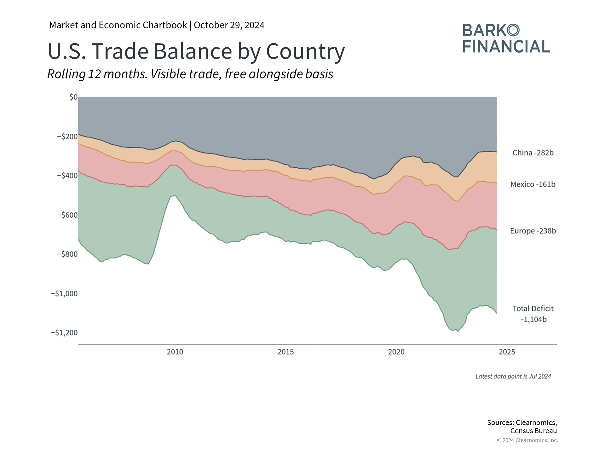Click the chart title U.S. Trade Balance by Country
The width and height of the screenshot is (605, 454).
pyautogui.click(x=196, y=51)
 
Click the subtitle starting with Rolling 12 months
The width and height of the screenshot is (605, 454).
pyautogui.click(x=190, y=74)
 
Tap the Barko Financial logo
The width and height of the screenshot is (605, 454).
pyautogui.click(x=506, y=38)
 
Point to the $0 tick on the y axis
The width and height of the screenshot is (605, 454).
pyautogui.click(x=73, y=97)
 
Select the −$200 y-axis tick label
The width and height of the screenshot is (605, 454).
pyautogui.click(x=67, y=137)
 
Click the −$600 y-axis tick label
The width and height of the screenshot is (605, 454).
pyautogui.click(x=67, y=215)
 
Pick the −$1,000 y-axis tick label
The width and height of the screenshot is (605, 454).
pyautogui.click(x=64, y=294)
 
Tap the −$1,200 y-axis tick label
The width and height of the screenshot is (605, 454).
pyautogui.click(x=64, y=333)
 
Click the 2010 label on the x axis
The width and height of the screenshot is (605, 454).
pyautogui.click(x=175, y=352)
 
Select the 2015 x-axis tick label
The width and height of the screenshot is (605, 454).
pyautogui.click(x=285, y=352)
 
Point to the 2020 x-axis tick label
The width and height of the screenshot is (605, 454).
pyautogui.click(x=396, y=352)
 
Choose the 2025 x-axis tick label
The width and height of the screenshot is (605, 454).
pyautogui.click(x=507, y=352)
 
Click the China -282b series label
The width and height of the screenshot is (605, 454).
pyautogui.click(x=533, y=153)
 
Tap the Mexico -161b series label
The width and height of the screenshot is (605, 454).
pyautogui.click(x=533, y=184)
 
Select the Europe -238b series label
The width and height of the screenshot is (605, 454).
pyautogui.click(x=533, y=231)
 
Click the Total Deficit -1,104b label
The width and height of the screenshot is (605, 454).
pyautogui.click(x=533, y=314)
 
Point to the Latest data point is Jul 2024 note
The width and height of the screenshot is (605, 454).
pyautogui.click(x=513, y=376)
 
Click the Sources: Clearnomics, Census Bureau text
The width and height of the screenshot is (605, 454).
pyautogui.click(x=522, y=427)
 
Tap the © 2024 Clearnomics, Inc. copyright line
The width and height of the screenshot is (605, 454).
pyautogui.click(x=527, y=440)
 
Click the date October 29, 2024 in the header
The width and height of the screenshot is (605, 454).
pyautogui.click(x=229, y=25)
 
